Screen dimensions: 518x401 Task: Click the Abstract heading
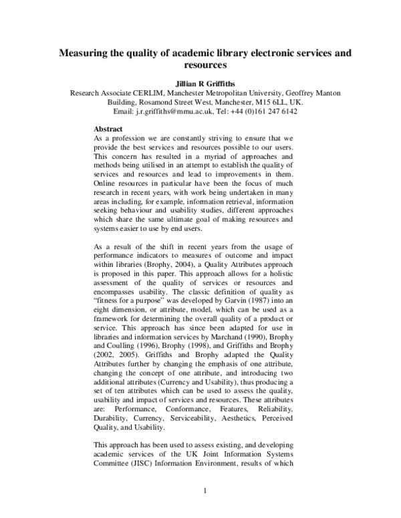[x=108, y=128]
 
